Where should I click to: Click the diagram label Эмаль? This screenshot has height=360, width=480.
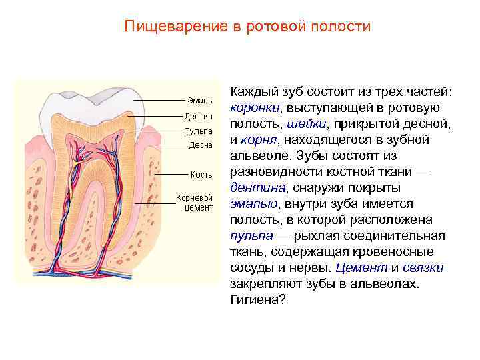coord(199,101)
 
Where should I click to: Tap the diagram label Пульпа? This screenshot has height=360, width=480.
coord(198,131)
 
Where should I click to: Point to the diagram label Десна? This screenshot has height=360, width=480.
coord(200,145)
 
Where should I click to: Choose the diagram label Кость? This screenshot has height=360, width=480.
coord(201,175)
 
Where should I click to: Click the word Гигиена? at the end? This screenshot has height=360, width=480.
coord(257,301)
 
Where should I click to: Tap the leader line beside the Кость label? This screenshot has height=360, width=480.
coord(171,175)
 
